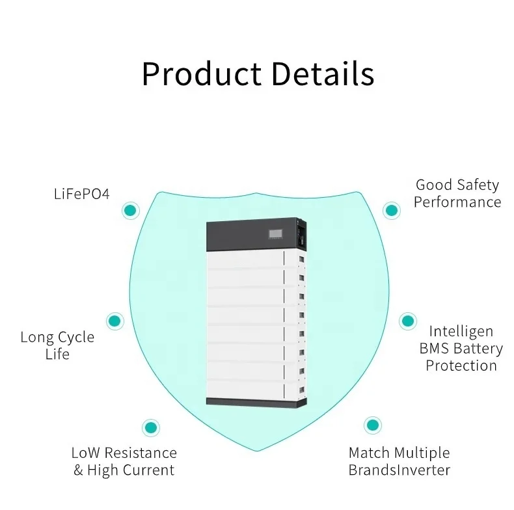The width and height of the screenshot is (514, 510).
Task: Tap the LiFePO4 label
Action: click(81, 195)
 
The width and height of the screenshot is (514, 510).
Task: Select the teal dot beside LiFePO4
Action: click(131, 210)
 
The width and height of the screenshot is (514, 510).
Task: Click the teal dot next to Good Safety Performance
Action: click(391, 210)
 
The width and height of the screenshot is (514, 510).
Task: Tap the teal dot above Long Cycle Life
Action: click(115, 321)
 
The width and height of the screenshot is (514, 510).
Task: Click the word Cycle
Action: click(76, 338)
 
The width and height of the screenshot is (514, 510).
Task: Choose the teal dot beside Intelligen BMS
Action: click(407, 321)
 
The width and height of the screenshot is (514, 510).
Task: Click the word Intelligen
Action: click(461, 332)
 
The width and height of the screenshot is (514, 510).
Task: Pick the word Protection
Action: click(461, 366)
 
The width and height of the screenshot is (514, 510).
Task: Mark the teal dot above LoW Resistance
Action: click(150, 427)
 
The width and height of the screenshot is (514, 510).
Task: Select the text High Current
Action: click(131, 470)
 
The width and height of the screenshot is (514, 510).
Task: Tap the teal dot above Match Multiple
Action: click(372, 425)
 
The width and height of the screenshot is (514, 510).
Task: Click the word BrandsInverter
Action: click(399, 470)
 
